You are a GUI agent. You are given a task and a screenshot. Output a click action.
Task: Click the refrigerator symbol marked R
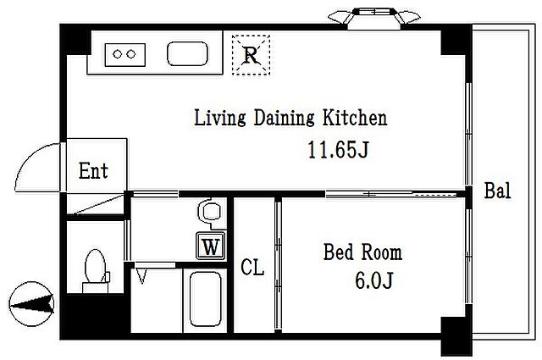click(251, 55)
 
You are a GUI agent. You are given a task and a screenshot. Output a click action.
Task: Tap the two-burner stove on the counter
click(124, 55)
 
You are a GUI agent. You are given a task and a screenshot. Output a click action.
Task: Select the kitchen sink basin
click(187, 53)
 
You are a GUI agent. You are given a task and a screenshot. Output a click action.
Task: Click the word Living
click(220, 118)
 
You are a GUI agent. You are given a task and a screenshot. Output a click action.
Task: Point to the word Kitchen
click(355, 118)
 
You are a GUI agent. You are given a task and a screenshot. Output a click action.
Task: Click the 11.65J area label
click(338, 150)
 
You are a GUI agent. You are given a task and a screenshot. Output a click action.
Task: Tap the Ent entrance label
click(93, 170)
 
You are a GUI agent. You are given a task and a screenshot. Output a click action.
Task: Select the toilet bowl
click(96, 266)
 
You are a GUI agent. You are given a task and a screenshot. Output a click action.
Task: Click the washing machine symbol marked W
click(211, 246)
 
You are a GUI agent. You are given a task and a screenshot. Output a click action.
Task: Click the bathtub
click(205, 299)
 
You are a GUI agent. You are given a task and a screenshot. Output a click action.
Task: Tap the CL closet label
click(252, 267)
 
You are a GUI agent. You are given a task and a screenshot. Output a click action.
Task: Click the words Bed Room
click(362, 252)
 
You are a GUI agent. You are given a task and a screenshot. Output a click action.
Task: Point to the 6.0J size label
click(374, 280)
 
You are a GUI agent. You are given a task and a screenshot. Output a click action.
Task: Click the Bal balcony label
click(497, 191)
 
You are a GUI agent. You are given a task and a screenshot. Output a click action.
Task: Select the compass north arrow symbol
click(31, 304)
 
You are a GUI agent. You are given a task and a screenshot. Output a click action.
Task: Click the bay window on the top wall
click(374, 16)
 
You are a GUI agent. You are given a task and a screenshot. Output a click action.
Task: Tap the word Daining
click(285, 118)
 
